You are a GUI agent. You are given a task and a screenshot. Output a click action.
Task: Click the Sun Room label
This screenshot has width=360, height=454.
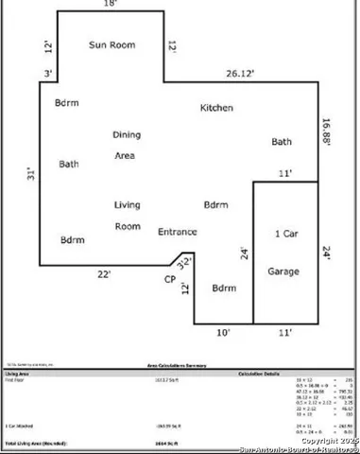(x=112, y=44)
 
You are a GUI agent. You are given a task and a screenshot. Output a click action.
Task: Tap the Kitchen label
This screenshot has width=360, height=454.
(x=216, y=108)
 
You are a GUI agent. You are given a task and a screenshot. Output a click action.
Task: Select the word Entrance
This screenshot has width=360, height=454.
(x=178, y=232)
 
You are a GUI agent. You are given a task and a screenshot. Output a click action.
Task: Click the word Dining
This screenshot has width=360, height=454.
(x=127, y=135)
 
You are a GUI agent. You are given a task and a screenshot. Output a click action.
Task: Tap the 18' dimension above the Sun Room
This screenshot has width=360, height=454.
(x=110, y=5)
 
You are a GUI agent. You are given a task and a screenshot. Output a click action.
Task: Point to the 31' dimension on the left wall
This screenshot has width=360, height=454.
(x=30, y=175)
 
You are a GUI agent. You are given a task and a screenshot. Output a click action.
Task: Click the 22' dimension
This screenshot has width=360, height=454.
(x=103, y=274)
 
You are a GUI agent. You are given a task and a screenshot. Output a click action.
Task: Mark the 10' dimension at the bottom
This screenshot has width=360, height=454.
(x=223, y=332)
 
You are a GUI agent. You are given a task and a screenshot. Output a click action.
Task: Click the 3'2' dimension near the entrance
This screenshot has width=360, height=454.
(x=185, y=260)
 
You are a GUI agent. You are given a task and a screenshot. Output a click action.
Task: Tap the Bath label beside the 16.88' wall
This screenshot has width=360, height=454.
(x=282, y=142)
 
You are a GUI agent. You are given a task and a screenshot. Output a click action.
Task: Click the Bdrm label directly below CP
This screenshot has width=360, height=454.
(x=223, y=288)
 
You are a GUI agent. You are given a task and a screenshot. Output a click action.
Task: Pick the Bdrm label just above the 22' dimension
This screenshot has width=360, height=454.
(x=72, y=239)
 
